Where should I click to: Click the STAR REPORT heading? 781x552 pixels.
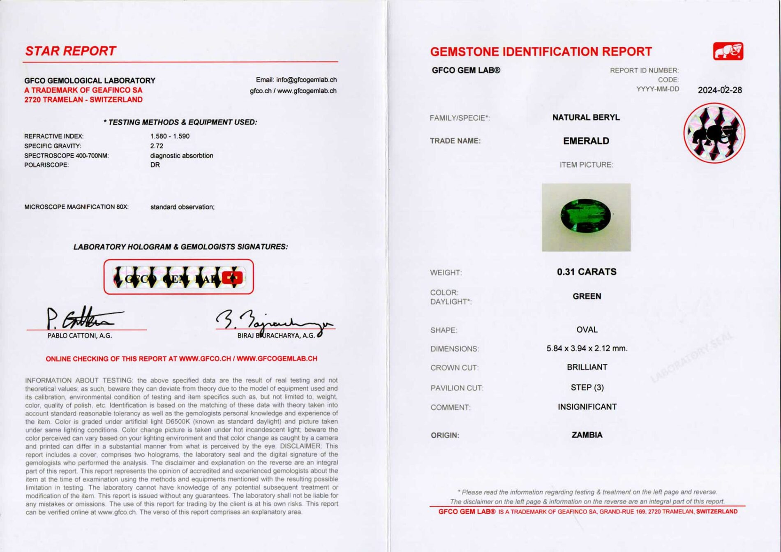(70, 51)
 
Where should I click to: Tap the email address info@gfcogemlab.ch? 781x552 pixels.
(306, 80)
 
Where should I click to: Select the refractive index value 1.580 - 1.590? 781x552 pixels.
(170, 136)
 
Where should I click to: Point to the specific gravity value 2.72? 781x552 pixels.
(157, 146)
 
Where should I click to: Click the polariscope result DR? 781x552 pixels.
(155, 165)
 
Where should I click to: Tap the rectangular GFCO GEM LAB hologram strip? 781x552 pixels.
(178, 277)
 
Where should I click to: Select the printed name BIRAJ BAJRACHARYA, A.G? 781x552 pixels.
(276, 336)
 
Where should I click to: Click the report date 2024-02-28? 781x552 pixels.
(719, 90)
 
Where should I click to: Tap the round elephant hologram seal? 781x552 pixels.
(714, 133)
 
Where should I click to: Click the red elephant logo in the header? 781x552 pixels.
(728, 51)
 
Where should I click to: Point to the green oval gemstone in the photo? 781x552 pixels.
(585, 215)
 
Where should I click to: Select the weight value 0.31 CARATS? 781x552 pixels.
(587, 272)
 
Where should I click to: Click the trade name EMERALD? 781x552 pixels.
(586, 141)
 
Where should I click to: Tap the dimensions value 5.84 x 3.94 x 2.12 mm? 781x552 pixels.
(587, 349)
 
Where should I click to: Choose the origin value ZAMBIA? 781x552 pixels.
(587, 435)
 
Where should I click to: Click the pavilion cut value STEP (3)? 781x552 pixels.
(587, 388)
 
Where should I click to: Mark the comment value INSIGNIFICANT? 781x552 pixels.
(587, 407)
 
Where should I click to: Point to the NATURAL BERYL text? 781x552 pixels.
(586, 118)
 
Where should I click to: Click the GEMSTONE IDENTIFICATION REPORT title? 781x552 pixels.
(541, 52)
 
